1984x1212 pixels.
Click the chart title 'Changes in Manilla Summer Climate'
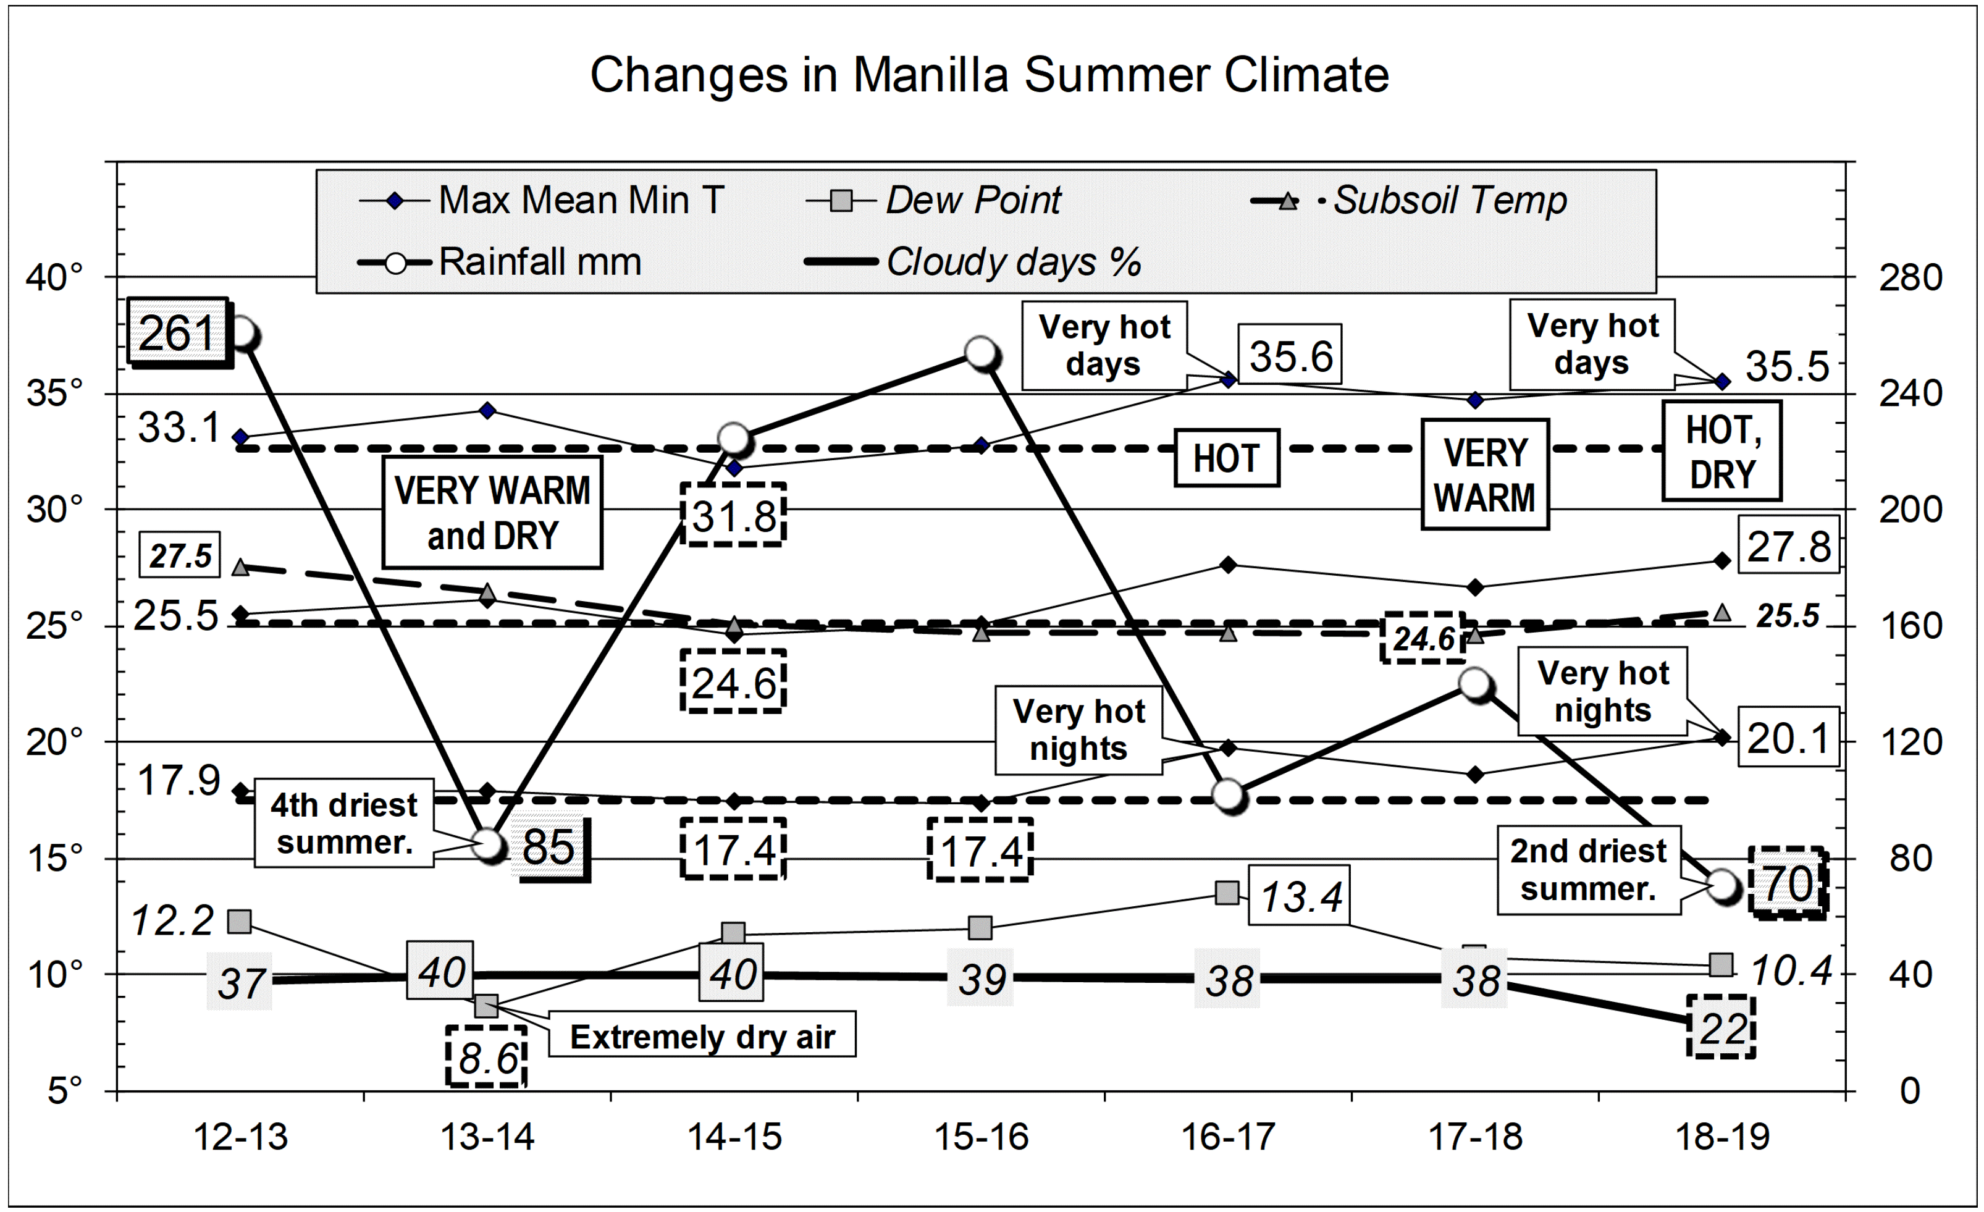click(990, 75)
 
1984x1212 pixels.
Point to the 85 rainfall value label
click(549, 847)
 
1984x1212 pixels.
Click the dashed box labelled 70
click(1788, 883)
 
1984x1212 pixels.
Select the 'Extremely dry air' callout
click(702, 1037)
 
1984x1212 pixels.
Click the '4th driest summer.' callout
click(344, 823)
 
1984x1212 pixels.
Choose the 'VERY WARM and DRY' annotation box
click(492, 513)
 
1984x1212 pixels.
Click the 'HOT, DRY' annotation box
click(1721, 452)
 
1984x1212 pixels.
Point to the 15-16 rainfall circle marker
click(981, 352)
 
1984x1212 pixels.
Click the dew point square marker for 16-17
click(1226, 892)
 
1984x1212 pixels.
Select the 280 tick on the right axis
click(1910, 278)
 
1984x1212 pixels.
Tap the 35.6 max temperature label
click(1290, 356)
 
